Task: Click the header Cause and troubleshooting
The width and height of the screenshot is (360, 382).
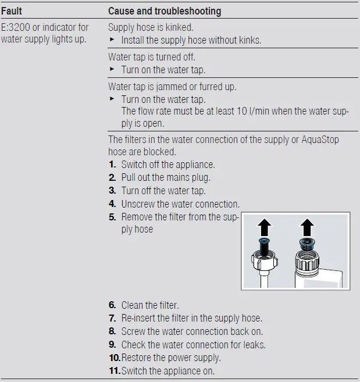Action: (x=165, y=10)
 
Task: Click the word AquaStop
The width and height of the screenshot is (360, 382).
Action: (x=318, y=140)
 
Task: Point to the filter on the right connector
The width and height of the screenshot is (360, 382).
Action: (x=307, y=245)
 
